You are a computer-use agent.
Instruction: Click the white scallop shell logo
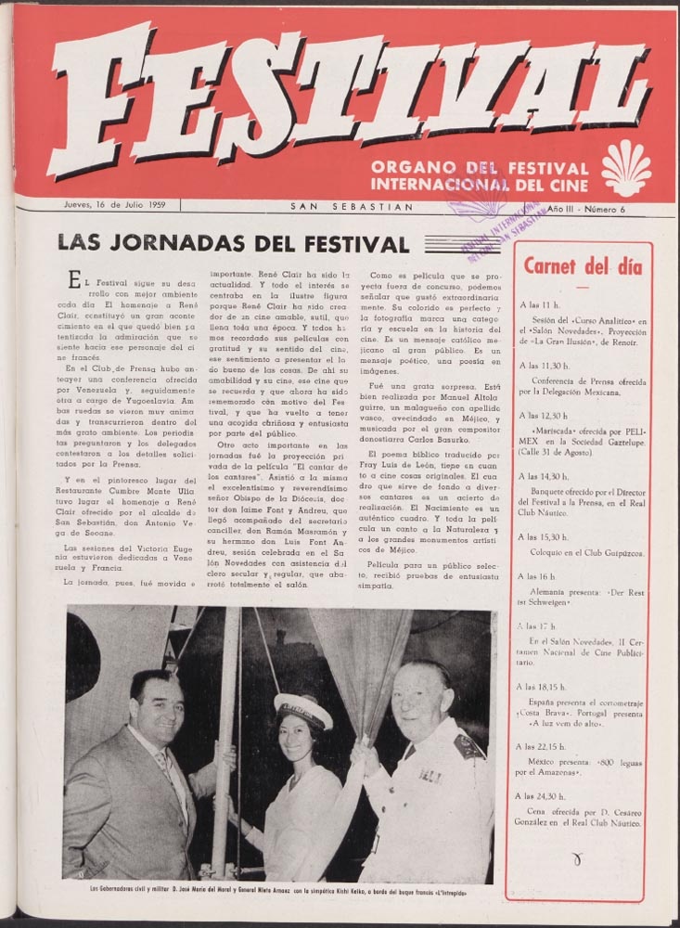coord(625,168)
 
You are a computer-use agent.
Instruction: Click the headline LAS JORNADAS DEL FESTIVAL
coord(233,244)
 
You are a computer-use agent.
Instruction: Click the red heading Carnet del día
coord(583,267)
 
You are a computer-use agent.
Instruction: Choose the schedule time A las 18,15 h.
coord(545,689)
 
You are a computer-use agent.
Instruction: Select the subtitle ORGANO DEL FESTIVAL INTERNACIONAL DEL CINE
coord(479,175)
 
